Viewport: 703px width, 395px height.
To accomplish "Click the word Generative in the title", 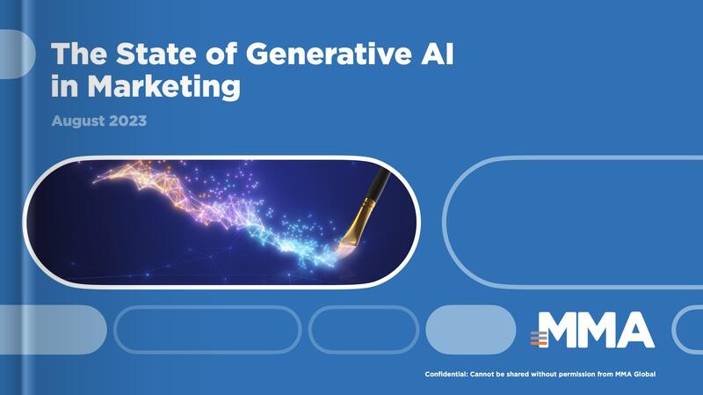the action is (x=328, y=54).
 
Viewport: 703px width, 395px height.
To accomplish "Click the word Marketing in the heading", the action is (x=163, y=85).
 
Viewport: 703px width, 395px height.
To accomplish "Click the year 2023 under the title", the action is (x=127, y=121).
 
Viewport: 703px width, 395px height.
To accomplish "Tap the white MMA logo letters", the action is (x=596, y=330).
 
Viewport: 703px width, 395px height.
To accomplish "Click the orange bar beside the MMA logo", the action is (x=539, y=343).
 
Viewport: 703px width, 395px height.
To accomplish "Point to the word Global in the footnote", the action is (x=645, y=374).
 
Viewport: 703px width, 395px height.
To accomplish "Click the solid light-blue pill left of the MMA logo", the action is (x=471, y=330).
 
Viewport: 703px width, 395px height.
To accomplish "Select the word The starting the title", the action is (x=79, y=54).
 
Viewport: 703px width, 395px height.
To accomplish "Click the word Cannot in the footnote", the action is (x=482, y=374).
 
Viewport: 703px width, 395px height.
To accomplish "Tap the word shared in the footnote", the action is (x=518, y=374).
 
